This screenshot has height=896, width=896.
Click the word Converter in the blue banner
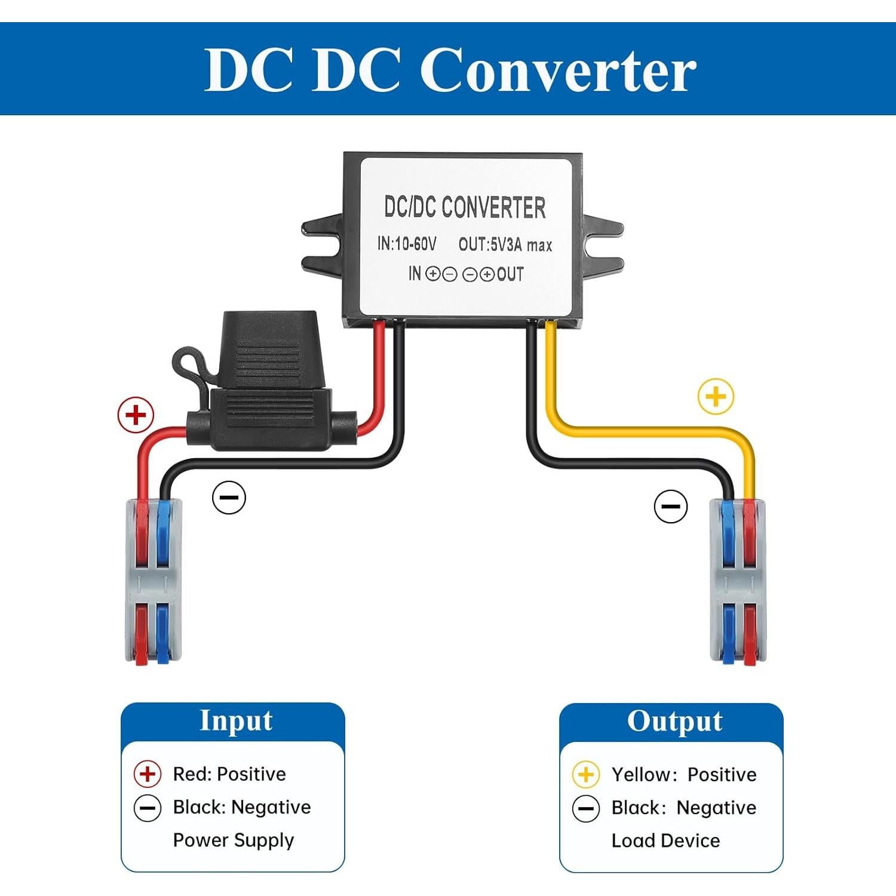click(x=558, y=70)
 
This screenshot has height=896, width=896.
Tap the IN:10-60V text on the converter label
click(x=406, y=244)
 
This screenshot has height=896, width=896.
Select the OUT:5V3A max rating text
click(x=505, y=244)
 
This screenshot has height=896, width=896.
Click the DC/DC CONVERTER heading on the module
click(x=464, y=207)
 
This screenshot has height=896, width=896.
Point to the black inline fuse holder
click(x=269, y=388)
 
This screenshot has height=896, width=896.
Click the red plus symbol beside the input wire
click(x=136, y=415)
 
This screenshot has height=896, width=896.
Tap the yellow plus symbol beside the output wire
click(x=716, y=396)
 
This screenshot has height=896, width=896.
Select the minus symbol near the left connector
click(x=229, y=497)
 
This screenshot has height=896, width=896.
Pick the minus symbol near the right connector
click(x=671, y=506)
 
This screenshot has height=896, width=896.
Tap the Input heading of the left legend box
click(x=235, y=720)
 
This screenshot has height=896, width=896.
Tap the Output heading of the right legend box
click(x=674, y=721)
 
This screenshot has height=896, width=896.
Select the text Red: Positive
click(x=229, y=774)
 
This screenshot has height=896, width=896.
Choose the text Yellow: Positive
click(x=683, y=775)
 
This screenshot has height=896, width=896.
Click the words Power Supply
click(x=234, y=840)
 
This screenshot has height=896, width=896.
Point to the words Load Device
click(x=665, y=840)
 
